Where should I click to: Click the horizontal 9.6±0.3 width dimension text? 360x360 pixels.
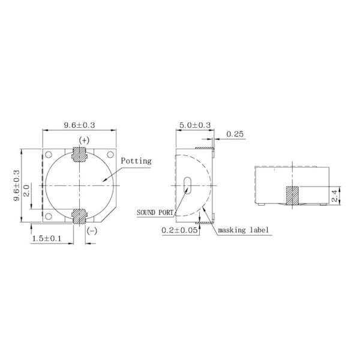(x=80, y=125)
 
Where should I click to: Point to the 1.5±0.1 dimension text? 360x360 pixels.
(x=46, y=239)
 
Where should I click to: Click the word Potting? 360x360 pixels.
(x=136, y=161)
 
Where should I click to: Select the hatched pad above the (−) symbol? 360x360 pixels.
(x=79, y=216)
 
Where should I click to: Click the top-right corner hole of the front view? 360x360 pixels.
(x=110, y=155)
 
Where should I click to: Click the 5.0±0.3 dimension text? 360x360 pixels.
(x=194, y=125)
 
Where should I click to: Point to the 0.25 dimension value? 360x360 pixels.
(x=235, y=134)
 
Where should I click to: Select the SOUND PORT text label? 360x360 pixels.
(x=155, y=212)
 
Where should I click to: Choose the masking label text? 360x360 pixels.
(x=244, y=230)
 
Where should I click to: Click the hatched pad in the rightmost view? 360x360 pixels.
(x=292, y=195)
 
